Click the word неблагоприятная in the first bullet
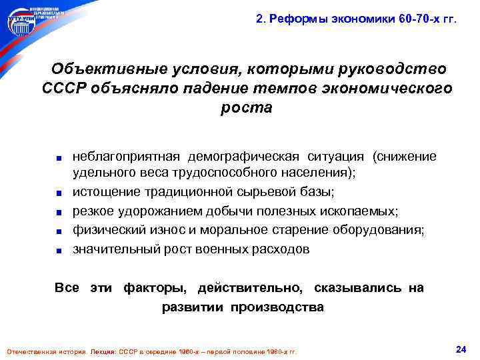coord(127,157)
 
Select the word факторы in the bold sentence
coord(159,287)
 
